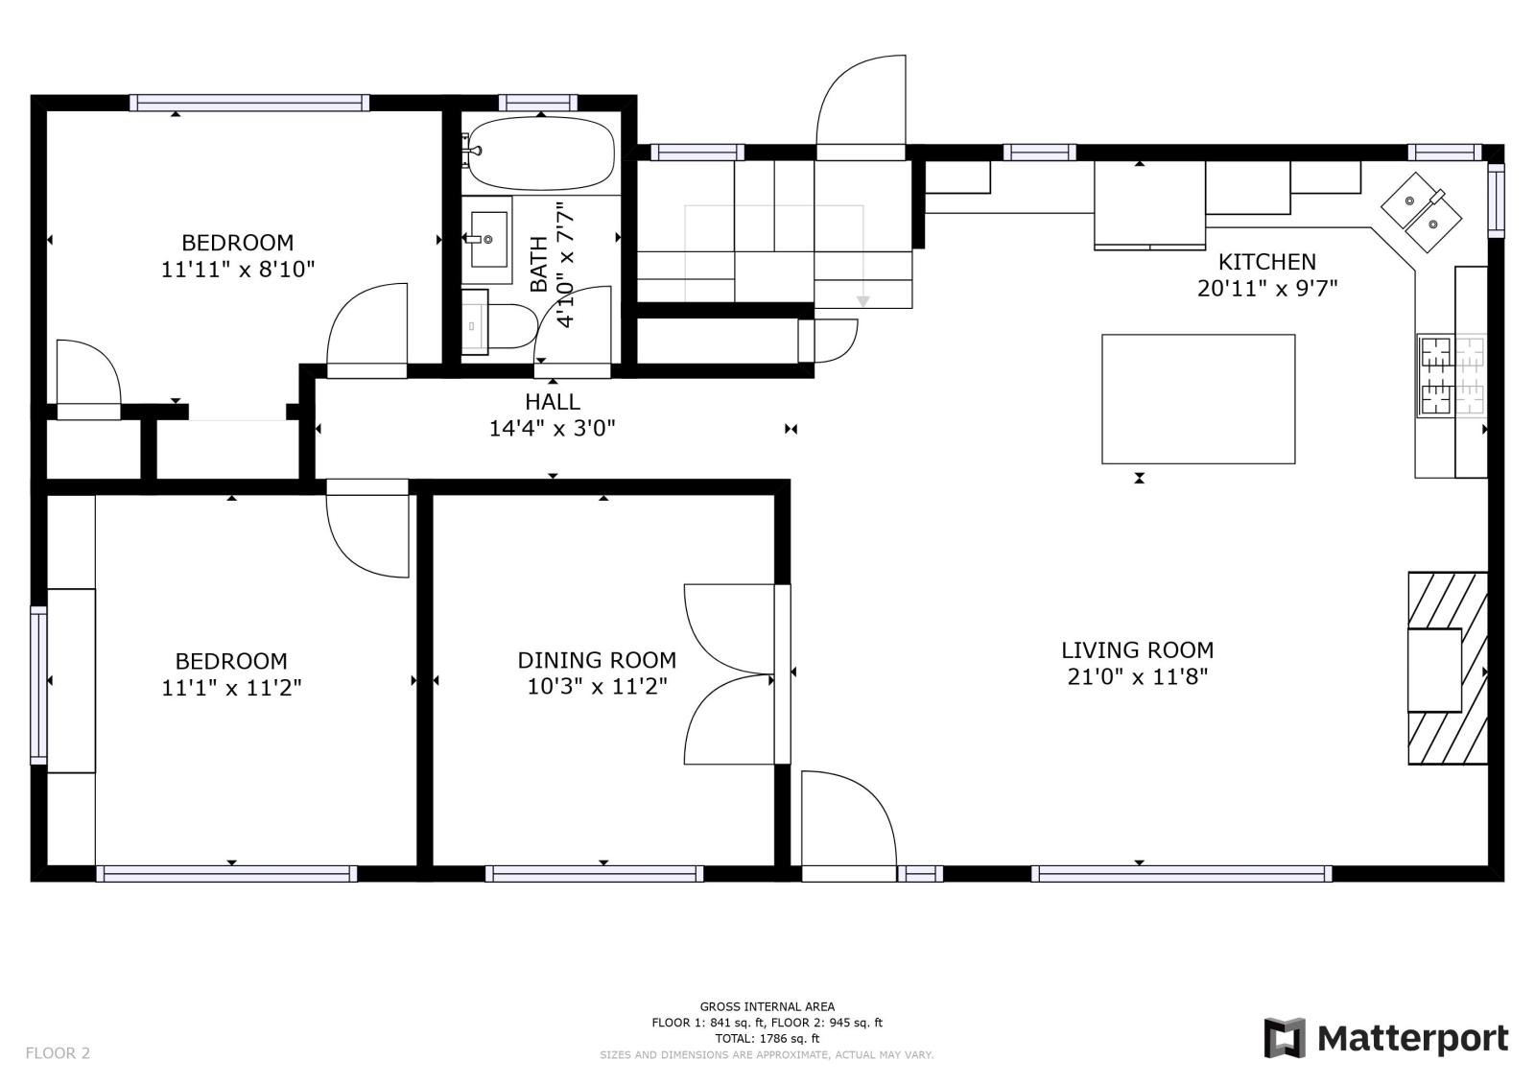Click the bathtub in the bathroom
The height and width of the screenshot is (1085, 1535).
tap(541, 153)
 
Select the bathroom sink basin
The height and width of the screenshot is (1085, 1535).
tap(488, 239)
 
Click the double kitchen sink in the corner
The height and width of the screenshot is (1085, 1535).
tap(1421, 212)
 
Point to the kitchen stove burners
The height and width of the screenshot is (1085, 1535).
tap(1452, 376)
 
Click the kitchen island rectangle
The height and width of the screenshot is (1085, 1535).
tap(1198, 399)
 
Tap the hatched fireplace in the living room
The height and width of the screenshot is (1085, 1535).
tap(1448, 669)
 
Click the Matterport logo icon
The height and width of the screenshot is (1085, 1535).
tap(1285, 1038)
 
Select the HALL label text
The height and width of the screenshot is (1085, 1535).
tap(553, 402)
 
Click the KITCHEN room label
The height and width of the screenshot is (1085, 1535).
tap(1267, 262)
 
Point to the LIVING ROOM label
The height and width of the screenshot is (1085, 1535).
tap(1138, 649)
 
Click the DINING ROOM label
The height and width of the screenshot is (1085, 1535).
tap(597, 660)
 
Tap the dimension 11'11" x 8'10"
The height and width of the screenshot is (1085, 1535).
tap(238, 270)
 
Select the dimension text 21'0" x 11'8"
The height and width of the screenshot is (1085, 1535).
tap(1138, 677)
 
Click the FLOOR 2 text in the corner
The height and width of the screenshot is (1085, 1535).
tap(58, 1052)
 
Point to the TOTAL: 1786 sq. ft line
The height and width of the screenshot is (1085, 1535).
tap(767, 1038)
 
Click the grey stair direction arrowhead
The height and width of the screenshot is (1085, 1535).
tap(863, 301)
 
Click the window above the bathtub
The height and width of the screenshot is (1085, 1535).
tap(538, 103)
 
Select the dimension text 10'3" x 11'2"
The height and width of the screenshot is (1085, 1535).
tap(597, 686)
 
